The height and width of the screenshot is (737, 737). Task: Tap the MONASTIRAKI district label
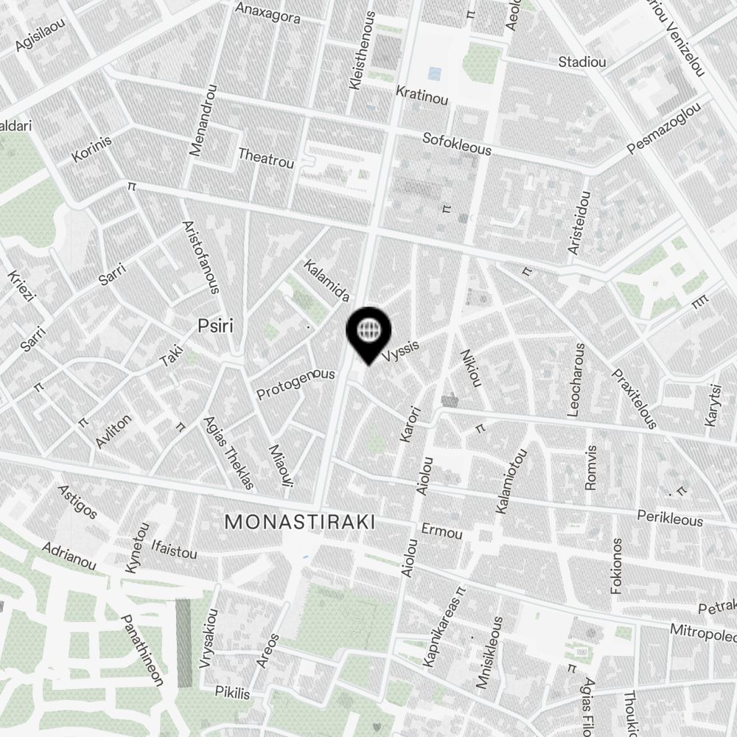(x=299, y=523)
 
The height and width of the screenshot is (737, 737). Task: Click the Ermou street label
(x=441, y=532)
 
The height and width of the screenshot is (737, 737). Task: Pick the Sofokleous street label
(x=456, y=144)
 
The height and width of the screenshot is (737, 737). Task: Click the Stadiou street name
(x=582, y=62)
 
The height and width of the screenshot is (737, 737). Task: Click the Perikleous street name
(x=670, y=518)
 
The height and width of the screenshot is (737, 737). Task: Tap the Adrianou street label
(x=69, y=557)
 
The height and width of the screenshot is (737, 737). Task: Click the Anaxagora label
(x=267, y=13)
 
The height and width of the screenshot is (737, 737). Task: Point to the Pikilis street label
(x=232, y=694)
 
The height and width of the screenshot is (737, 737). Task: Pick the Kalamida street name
(x=326, y=280)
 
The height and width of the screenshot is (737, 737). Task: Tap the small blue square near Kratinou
(x=434, y=74)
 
